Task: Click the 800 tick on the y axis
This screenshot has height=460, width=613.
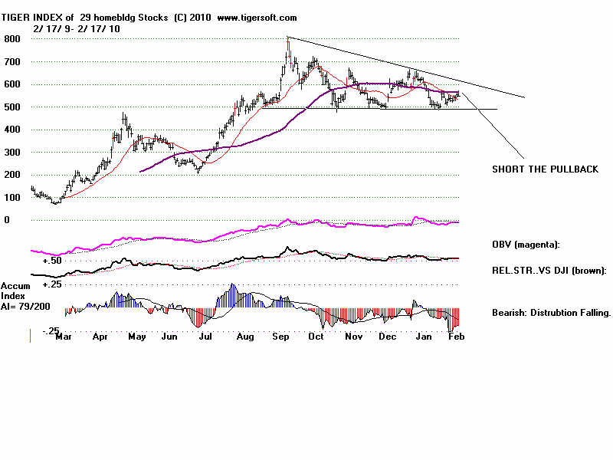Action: pos(13,39)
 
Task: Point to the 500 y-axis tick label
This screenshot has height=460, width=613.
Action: pos(13,107)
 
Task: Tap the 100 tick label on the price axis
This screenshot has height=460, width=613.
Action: pos(13,198)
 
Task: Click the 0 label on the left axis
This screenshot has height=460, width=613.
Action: pos(7,220)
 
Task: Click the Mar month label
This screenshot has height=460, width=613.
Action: pos(64,336)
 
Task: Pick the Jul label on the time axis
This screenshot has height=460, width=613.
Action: pos(205,336)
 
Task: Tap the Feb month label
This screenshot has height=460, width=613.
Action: pos(457,336)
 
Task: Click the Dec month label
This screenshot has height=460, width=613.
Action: pos(388,336)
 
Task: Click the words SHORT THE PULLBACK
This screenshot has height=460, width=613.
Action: pos(544,169)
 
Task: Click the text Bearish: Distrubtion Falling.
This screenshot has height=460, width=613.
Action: pos(551,313)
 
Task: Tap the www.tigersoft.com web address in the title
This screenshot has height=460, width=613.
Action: pos(257,17)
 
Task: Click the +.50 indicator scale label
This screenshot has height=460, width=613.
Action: pos(52,261)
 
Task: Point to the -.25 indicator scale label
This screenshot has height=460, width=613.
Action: pos(51,331)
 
